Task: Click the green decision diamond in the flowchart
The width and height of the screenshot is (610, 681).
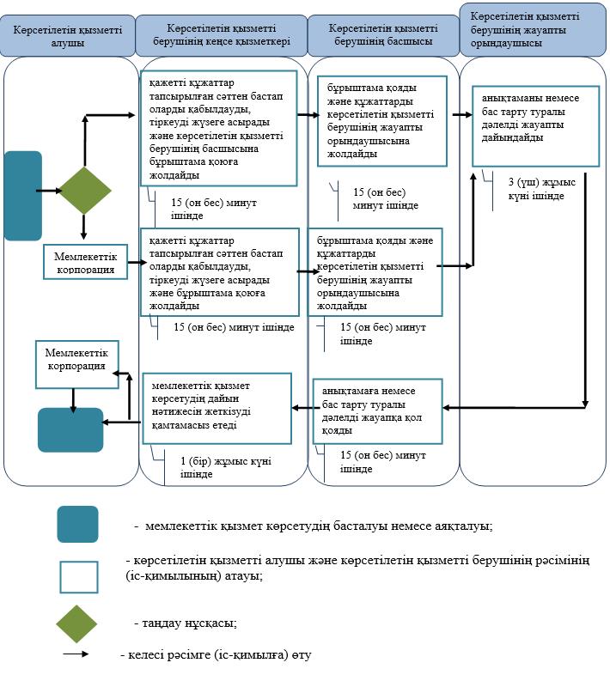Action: [x=85, y=191]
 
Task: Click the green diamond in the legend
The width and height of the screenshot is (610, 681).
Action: [x=76, y=623]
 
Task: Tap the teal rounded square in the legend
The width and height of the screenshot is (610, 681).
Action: [x=78, y=524]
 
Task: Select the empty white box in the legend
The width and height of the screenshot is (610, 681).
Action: [x=79, y=577]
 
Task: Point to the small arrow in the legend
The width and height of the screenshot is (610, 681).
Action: [x=76, y=654]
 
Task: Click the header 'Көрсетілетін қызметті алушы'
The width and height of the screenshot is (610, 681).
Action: [x=67, y=36]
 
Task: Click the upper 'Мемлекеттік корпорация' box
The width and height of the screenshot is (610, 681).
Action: [x=85, y=262]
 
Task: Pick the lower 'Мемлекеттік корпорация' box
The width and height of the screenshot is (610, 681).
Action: [x=77, y=364]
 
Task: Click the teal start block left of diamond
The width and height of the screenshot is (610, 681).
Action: [x=23, y=196]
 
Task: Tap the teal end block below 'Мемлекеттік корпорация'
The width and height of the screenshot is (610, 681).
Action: [x=70, y=430]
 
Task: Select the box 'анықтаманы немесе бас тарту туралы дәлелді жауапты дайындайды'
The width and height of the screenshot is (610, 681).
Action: [x=536, y=126]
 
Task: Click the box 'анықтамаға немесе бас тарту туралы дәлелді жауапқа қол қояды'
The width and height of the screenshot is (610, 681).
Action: [x=377, y=410]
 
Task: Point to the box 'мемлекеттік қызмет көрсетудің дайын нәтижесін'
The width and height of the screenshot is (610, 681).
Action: [x=217, y=408]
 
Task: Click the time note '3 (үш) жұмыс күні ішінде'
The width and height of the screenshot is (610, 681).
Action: [x=542, y=189]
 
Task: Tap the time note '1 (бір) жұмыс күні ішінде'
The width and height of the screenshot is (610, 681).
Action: [x=226, y=467]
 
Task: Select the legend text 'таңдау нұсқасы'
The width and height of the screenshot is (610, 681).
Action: [x=189, y=623]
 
